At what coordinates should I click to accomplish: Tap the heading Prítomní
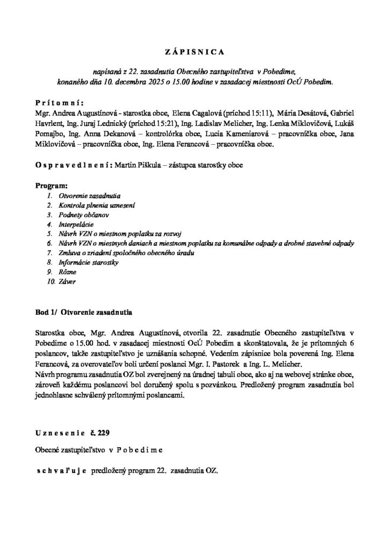(x=56, y=103)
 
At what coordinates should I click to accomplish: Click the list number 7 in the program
(x=50, y=252)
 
